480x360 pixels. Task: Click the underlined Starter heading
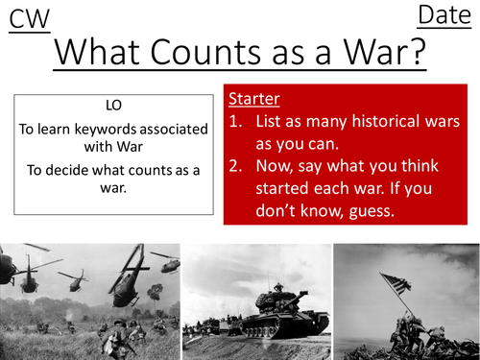[x=254, y=100]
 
